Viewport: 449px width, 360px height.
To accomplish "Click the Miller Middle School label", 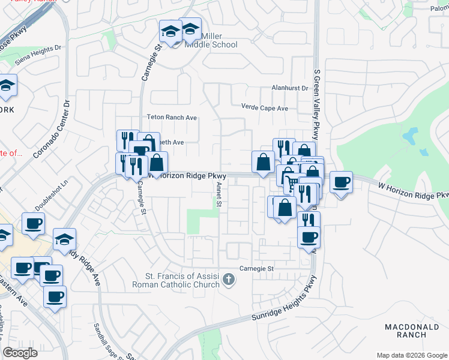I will [x=211, y=40].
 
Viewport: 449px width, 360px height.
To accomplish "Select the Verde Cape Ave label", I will [x=264, y=108].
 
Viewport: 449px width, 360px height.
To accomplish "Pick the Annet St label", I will [x=218, y=194].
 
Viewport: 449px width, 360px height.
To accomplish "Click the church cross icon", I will [x=228, y=279].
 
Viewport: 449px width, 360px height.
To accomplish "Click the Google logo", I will [x=20, y=353].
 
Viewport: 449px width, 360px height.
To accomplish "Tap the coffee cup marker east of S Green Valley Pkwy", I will [x=341, y=182].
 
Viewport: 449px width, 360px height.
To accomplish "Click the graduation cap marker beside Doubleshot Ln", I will [x=64, y=239].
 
